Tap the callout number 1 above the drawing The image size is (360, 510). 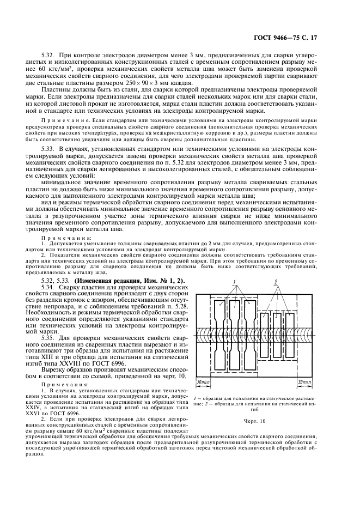(x=233, y=282)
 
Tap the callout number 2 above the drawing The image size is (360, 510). (x=277, y=282)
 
